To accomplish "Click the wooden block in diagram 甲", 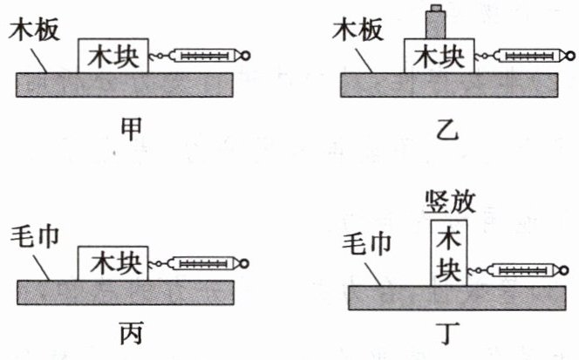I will tap(112, 56).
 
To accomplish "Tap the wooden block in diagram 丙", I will tap(112, 262).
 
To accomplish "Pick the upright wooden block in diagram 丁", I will tap(449, 252).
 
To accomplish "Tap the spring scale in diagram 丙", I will tap(204, 263).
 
